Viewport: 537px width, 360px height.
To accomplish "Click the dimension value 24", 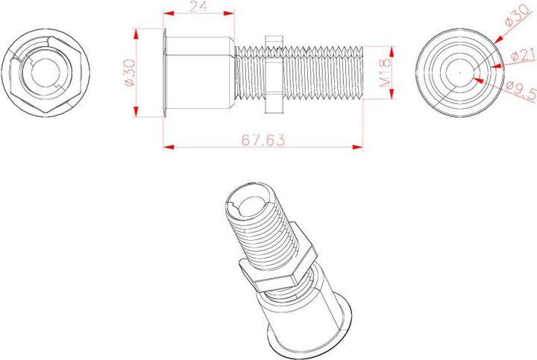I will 199,7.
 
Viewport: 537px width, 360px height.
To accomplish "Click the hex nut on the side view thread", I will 272,72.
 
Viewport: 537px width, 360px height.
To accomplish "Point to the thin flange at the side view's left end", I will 163,72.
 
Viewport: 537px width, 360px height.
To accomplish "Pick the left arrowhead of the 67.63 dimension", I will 167,147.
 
